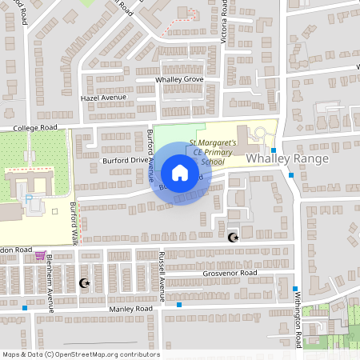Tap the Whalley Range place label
[276, 159]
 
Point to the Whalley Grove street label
[180, 80]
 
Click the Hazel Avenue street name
[104, 98]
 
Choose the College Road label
[36, 127]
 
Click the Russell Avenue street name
[162, 275]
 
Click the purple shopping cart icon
[39, 256]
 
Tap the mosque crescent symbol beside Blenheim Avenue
[84, 282]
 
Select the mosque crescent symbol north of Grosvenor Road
[234, 238]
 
